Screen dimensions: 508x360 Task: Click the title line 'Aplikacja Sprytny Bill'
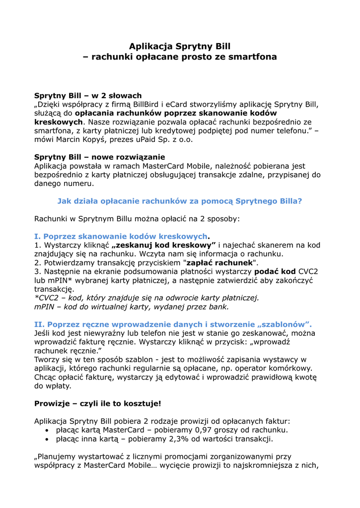[180, 46]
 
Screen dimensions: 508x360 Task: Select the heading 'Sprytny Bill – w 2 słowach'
[88, 95]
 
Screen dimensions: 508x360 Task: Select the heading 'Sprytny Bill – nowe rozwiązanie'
[99, 157]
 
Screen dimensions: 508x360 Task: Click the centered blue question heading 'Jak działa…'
[180, 201]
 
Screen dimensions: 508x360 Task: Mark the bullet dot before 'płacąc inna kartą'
[47, 440]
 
